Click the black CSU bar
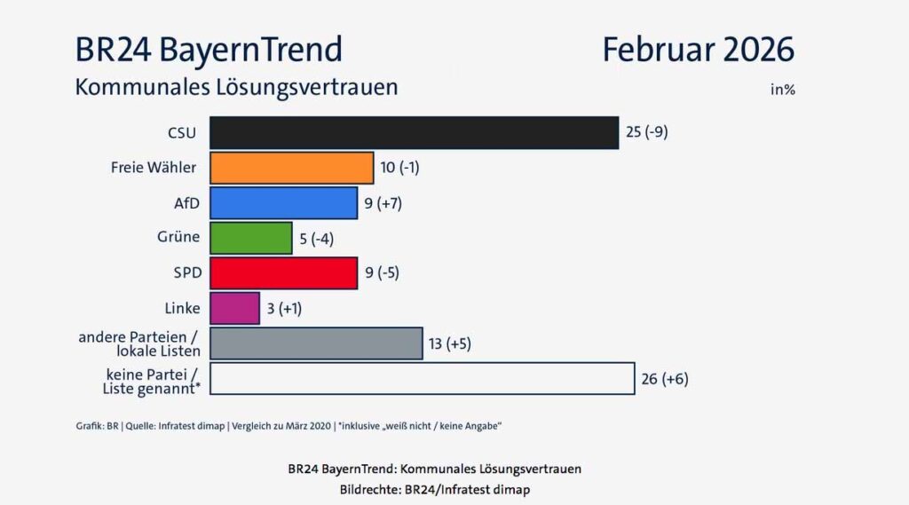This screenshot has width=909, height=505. pyautogui.click(x=414, y=132)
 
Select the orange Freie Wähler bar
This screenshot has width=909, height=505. pyautogui.click(x=291, y=168)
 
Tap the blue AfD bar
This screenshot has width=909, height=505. pyautogui.click(x=283, y=202)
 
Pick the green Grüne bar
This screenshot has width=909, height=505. pyautogui.click(x=250, y=237)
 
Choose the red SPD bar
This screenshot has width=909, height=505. pyautogui.click(x=283, y=272)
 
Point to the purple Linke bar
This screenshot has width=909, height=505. pyautogui.click(x=234, y=308)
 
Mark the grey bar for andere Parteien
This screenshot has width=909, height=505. pyautogui.click(x=316, y=343)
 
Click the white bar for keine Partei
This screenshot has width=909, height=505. pyautogui.click(x=422, y=378)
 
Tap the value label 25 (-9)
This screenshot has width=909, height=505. pyautogui.click(x=646, y=133)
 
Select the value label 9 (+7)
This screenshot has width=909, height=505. pyautogui.click(x=383, y=203)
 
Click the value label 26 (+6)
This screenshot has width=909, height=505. pyautogui.click(x=664, y=379)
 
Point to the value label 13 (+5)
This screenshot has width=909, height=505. pyautogui.click(x=450, y=343)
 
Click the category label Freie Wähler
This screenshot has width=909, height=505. pyautogui.click(x=154, y=168)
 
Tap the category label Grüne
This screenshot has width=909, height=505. pyautogui.click(x=178, y=237)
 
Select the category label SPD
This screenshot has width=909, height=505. pyautogui.click(x=184, y=272)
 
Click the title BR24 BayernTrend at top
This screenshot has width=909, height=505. pyautogui.click(x=209, y=50)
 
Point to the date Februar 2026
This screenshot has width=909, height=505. pyautogui.click(x=698, y=50)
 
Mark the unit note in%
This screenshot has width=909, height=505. pyautogui.click(x=782, y=89)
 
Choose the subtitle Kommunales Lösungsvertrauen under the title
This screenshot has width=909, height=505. pyautogui.click(x=236, y=88)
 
